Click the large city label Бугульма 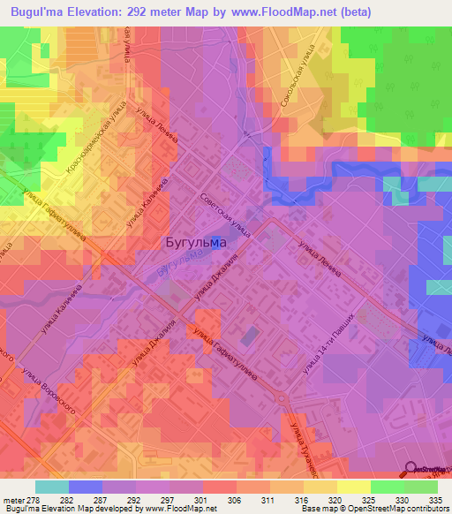click(196, 241)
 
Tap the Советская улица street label click(226, 215)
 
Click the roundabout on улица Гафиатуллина click(281, 400)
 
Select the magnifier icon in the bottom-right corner click(411, 470)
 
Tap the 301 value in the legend click(202, 499)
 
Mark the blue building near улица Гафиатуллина click(250, 336)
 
